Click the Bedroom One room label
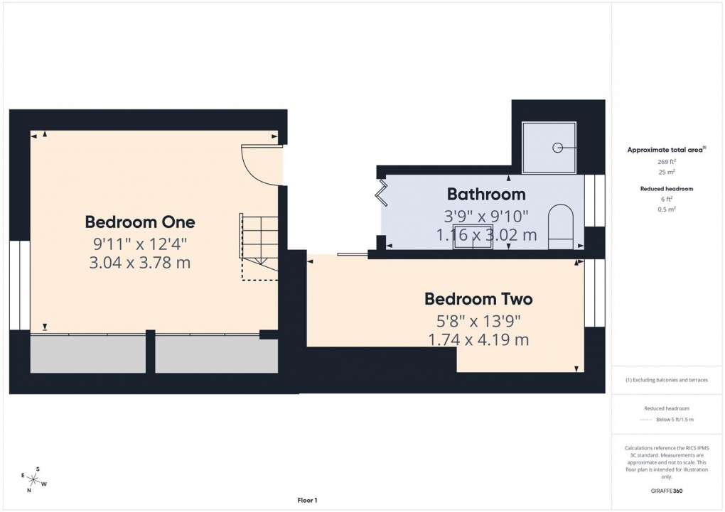click(x=139, y=222)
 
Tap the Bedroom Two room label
click(x=478, y=299)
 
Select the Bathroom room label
click(x=486, y=194)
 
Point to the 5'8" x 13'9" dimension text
click(x=478, y=320)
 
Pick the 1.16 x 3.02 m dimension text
click(x=487, y=235)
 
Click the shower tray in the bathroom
click(x=549, y=148)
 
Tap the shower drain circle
click(x=558, y=148)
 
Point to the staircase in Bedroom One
click(x=258, y=246)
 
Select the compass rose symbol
click(x=34, y=479)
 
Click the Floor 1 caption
click(x=307, y=501)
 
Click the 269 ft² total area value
click(x=666, y=162)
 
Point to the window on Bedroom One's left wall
click(x=20, y=285)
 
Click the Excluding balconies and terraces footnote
click(x=667, y=380)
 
